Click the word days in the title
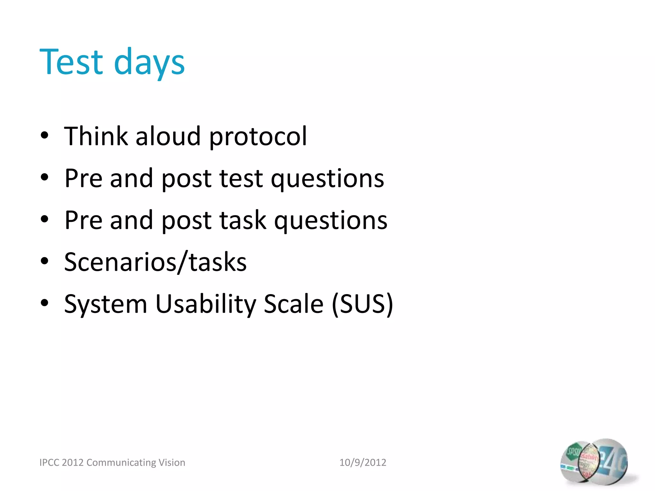[x=149, y=63]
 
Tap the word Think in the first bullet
[x=96, y=136]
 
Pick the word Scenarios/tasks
[x=155, y=262]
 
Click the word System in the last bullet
[x=106, y=304]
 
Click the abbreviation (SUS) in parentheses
[x=362, y=304]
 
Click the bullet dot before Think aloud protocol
[x=44, y=136]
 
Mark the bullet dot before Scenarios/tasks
[x=44, y=261]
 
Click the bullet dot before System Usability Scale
[x=44, y=303]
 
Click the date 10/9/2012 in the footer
[x=363, y=463]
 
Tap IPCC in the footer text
[x=49, y=463]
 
